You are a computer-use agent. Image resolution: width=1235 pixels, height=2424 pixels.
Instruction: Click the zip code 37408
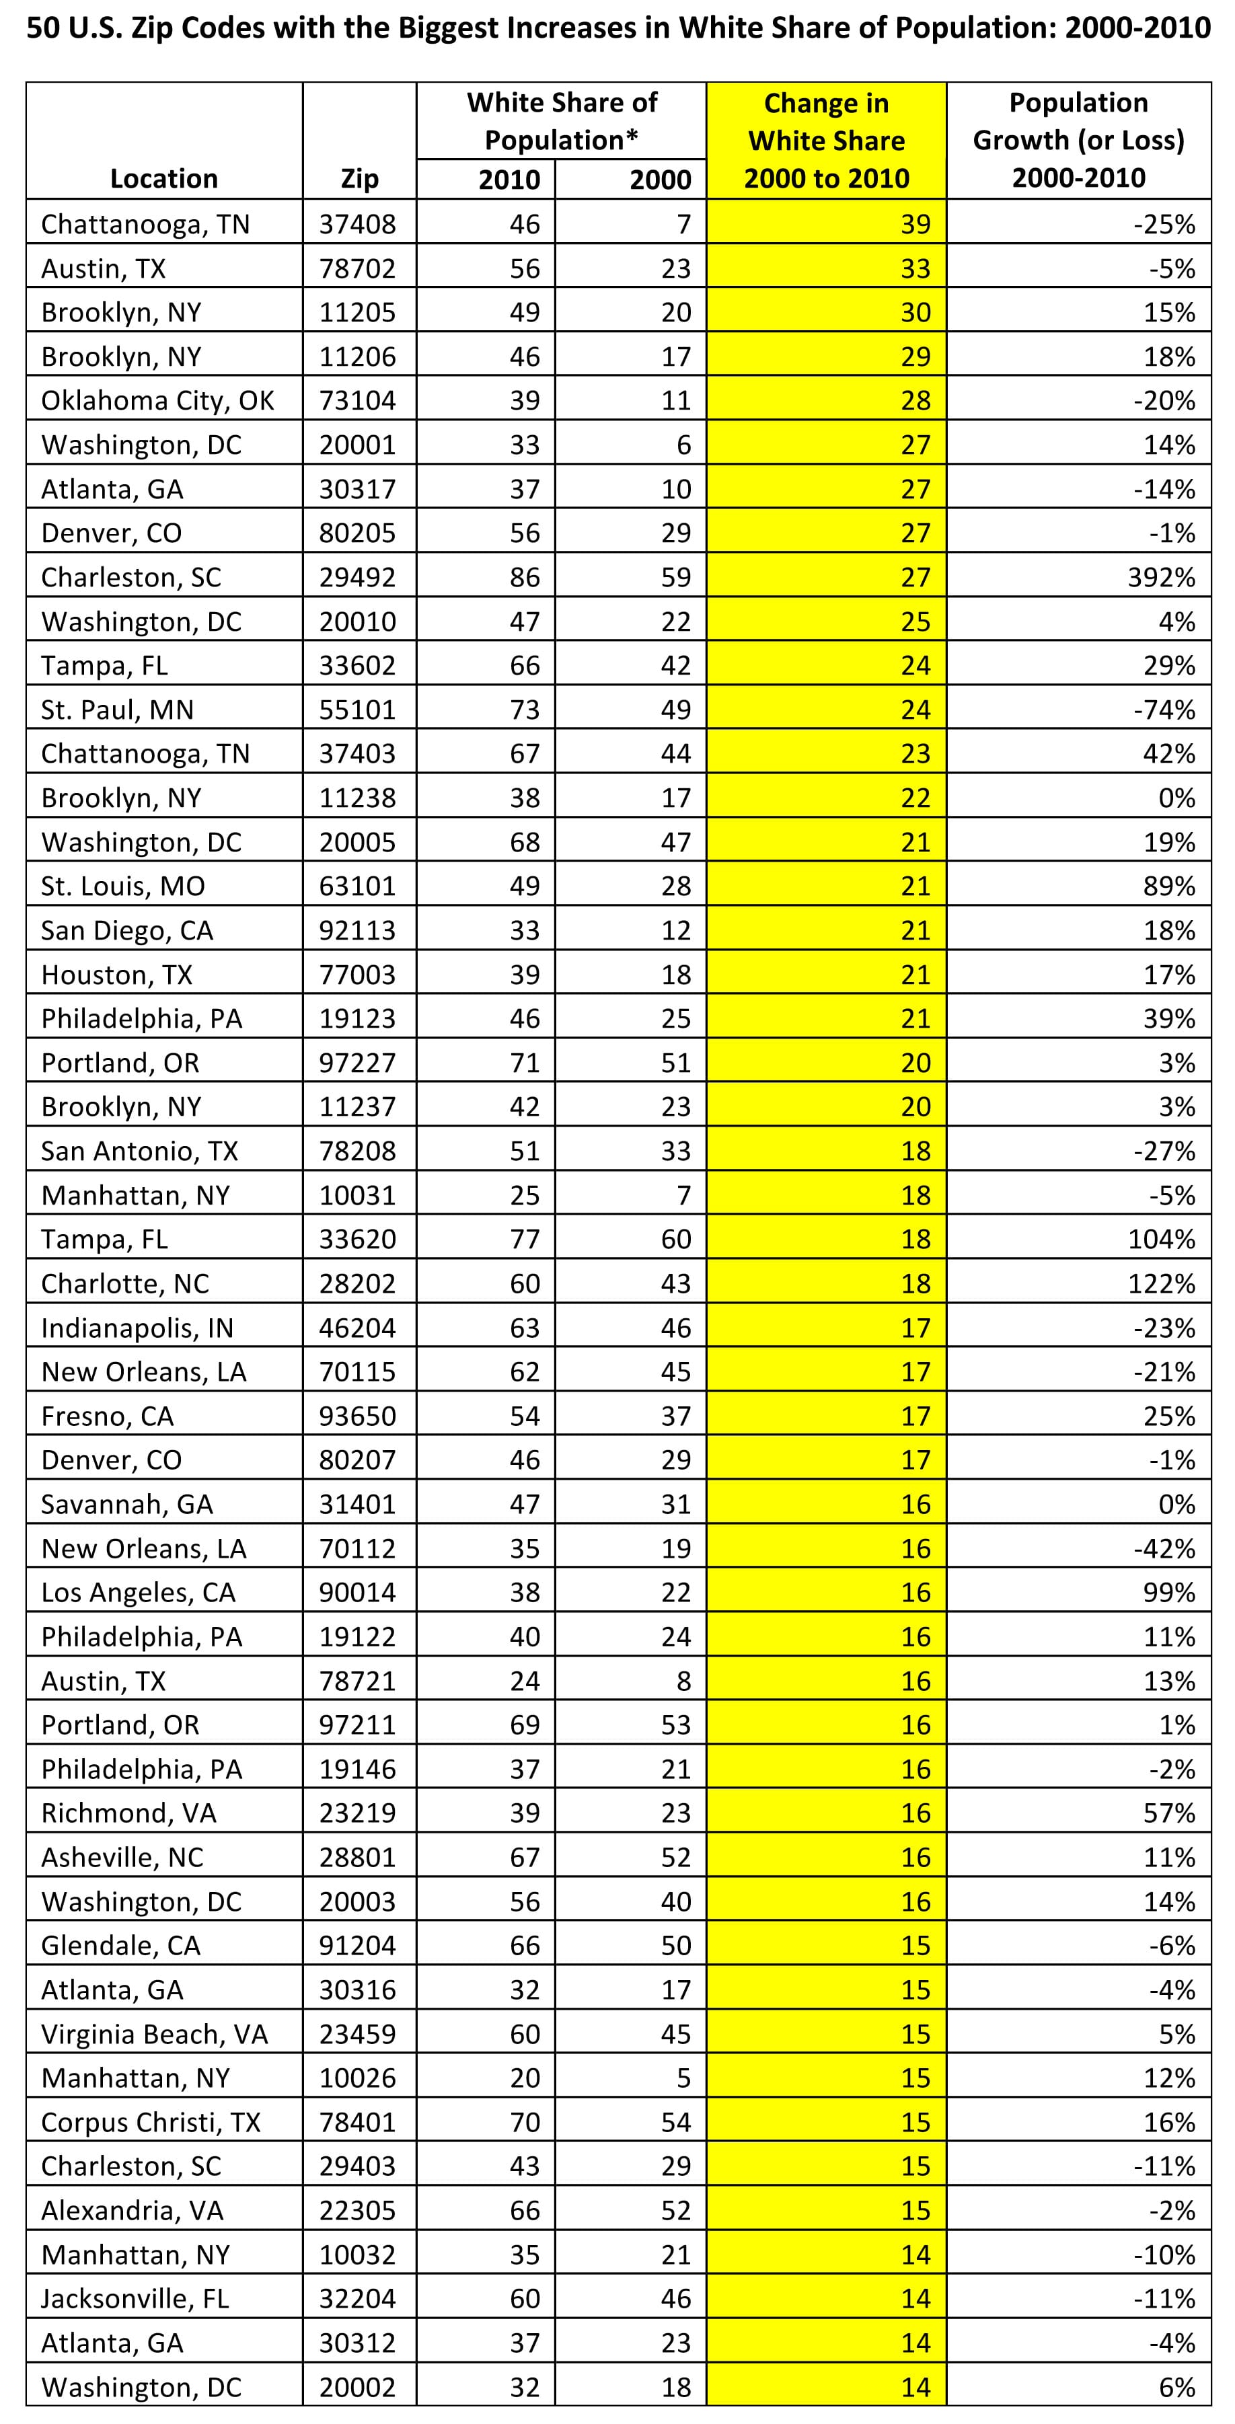coord(358,224)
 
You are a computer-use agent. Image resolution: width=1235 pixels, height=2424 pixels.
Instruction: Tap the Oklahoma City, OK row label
coord(157,401)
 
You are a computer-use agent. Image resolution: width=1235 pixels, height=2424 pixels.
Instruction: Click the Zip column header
coord(359,179)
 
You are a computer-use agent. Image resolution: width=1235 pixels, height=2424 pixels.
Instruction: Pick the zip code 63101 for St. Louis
coord(358,886)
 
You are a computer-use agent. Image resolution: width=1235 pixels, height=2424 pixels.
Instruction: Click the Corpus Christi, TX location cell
coord(151,2122)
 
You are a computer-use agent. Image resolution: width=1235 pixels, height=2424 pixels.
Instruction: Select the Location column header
coord(163,179)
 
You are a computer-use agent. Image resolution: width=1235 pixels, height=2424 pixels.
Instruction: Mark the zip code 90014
coord(358,1592)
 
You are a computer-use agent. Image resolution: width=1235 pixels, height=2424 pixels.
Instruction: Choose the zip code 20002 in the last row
coord(358,2387)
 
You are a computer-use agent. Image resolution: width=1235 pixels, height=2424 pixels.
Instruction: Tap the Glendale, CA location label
coord(120,1945)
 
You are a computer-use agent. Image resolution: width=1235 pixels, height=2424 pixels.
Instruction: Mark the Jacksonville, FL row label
coord(135,2299)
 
